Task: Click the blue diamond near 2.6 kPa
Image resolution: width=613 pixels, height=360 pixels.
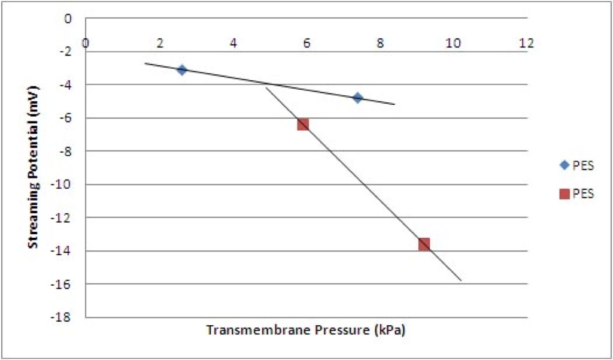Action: click(181, 70)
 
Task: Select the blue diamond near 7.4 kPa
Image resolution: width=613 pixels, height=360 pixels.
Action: click(358, 98)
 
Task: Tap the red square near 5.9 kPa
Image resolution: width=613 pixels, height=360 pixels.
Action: click(303, 125)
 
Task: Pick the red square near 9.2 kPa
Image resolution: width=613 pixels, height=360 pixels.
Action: click(424, 244)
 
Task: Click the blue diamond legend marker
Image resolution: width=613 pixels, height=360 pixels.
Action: click(564, 165)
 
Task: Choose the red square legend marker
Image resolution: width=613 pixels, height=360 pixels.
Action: click(564, 193)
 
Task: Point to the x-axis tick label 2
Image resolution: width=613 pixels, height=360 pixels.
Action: click(159, 43)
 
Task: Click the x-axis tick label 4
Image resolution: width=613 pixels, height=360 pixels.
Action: click(233, 43)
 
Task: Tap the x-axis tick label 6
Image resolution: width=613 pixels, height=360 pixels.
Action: click(307, 43)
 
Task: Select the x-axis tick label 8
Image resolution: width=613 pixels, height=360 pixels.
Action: click(380, 43)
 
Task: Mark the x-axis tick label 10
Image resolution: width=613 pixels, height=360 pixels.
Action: click(454, 43)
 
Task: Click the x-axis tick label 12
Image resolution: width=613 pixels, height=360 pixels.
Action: click(527, 43)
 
